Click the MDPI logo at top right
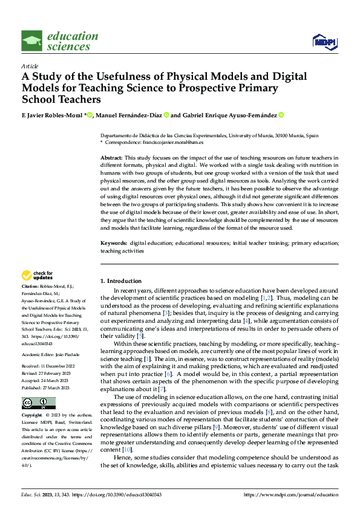point(324,41)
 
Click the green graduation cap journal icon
point(32,41)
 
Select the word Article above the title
point(30,66)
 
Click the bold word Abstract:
point(111,157)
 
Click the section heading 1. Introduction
point(121,281)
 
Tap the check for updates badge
point(38,276)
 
